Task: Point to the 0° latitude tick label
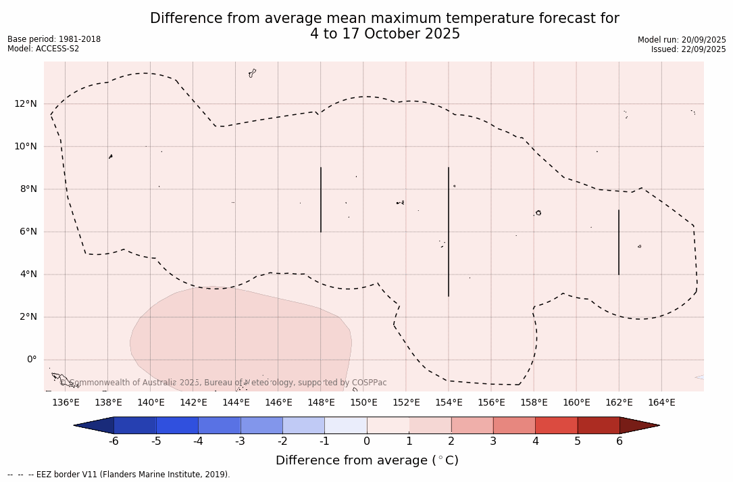coord(31,360)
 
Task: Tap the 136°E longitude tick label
coord(66,402)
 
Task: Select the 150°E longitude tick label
coord(363,402)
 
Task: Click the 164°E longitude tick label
coord(661,402)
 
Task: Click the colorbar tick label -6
coord(113,441)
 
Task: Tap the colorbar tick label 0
coord(367,441)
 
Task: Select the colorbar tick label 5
coord(578,441)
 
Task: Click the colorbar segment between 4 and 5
coord(556,425)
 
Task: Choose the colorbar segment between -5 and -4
coord(177,425)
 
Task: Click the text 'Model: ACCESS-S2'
coord(43,49)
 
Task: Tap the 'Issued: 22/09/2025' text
coord(688,49)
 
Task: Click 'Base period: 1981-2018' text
coord(54,39)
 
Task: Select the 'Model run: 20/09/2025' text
coord(682,40)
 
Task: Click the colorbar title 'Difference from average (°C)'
coord(367,460)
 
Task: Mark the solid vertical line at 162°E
coord(619,242)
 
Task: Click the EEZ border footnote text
coord(119,475)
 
